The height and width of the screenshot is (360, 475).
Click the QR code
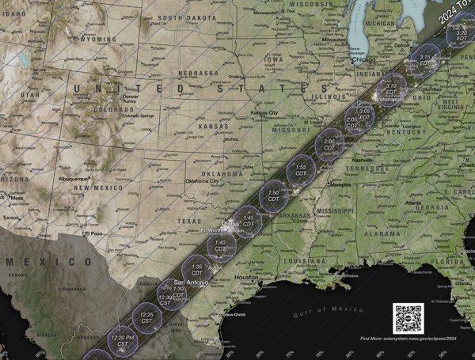[408, 318]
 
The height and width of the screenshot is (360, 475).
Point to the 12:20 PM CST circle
[123, 341]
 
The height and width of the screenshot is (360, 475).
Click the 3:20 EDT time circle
[461, 34]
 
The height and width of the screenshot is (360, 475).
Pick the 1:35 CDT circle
[197, 270]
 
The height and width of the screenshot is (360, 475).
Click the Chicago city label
[364, 59]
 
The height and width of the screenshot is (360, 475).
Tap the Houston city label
[246, 278]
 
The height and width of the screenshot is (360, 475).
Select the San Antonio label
[191, 282]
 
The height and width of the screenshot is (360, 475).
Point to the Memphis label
[340, 185]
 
